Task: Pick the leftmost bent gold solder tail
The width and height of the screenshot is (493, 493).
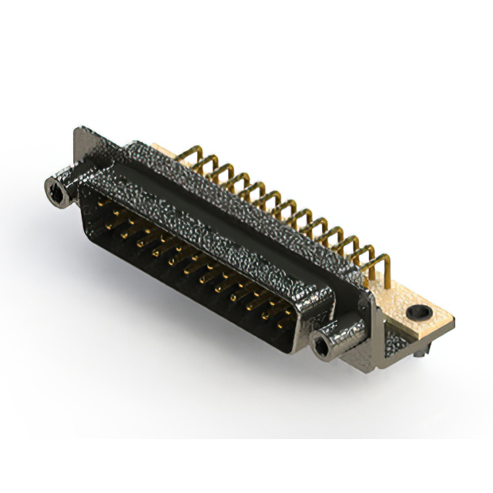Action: click(x=189, y=158)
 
